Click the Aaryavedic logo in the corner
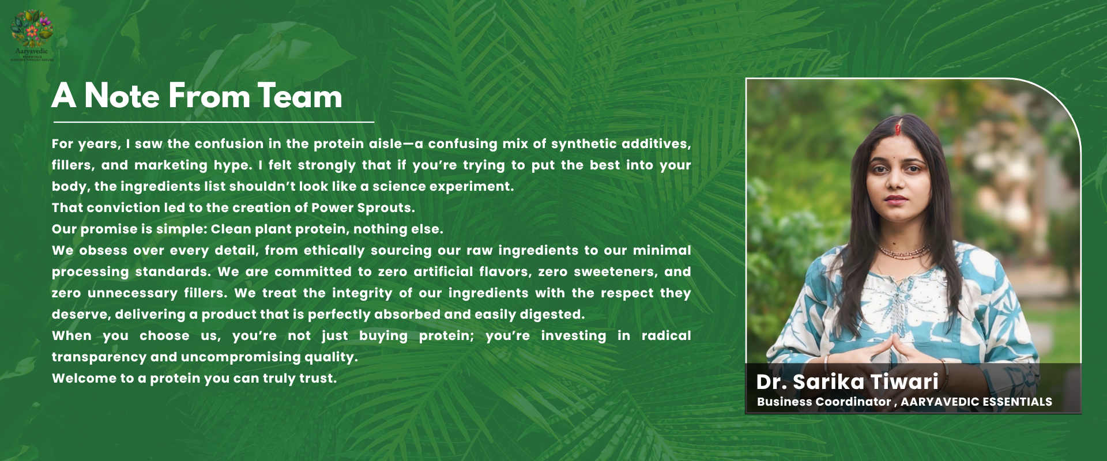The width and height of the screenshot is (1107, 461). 32,35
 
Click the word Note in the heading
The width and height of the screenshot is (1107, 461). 122,96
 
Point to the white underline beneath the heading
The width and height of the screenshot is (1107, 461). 214,122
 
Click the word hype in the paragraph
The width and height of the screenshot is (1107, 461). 232,166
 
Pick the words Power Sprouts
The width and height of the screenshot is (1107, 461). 362,208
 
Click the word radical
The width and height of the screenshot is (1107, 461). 666,335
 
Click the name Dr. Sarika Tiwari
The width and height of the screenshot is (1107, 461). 847,381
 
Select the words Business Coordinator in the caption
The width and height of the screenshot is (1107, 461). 824,402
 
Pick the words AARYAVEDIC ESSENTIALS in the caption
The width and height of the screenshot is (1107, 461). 976,402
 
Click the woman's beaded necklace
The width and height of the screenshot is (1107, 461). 903,252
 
